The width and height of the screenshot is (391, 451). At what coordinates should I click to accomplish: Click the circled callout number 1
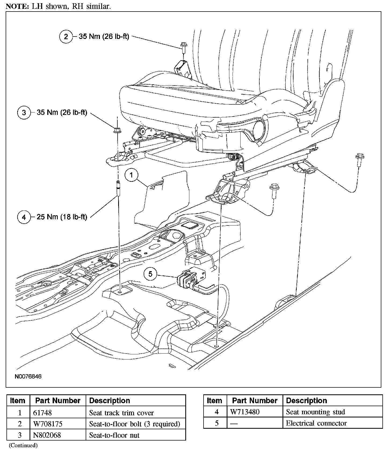click(131, 175)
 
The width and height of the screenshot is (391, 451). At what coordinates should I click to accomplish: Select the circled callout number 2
click(66, 37)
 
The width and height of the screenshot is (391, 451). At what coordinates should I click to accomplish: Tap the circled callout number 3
click(24, 112)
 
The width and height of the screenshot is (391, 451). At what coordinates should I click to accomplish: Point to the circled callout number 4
click(24, 217)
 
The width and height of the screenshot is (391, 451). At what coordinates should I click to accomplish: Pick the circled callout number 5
click(150, 274)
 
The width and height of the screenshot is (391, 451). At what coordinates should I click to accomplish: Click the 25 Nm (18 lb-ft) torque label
click(62, 217)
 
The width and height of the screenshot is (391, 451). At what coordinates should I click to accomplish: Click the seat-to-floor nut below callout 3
click(117, 131)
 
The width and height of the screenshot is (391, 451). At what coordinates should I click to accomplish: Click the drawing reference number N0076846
click(28, 376)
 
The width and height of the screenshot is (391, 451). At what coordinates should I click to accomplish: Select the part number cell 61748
click(42, 413)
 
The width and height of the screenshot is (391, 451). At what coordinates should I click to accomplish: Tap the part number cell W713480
click(245, 412)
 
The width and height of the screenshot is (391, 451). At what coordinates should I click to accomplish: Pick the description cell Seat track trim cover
click(121, 413)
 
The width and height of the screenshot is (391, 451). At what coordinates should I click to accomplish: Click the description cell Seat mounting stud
click(316, 412)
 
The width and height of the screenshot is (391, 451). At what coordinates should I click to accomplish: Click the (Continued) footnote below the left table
click(23, 446)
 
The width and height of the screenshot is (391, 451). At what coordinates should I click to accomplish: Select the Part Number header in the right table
click(255, 401)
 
